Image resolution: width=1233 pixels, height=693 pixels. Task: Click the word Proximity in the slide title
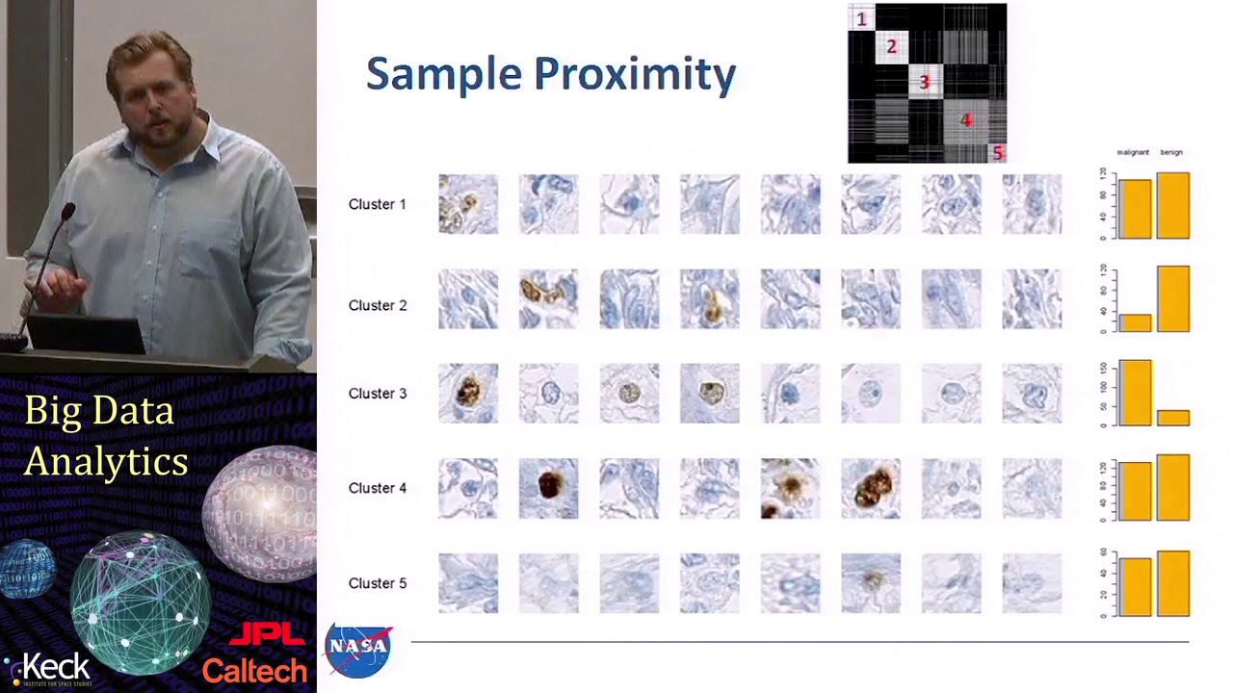635,75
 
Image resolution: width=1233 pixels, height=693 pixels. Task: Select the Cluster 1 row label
378,204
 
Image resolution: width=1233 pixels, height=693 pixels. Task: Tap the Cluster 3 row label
378,394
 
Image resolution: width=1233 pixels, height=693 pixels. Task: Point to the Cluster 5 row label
378,583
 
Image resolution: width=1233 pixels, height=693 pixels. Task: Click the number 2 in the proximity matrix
891,46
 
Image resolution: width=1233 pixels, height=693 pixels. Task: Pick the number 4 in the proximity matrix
966,119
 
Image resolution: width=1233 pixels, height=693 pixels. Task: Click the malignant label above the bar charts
1133,152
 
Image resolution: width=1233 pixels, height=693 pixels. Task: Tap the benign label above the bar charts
1171,152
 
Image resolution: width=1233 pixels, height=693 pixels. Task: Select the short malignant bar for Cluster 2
1135,322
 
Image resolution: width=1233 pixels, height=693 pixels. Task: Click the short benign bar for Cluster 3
1172,418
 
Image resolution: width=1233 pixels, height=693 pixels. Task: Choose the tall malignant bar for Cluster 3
1135,393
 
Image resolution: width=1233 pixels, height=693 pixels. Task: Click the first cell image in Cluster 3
468,394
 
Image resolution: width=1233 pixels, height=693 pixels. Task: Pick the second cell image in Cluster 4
549,488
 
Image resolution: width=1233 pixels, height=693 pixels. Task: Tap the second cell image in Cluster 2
549,299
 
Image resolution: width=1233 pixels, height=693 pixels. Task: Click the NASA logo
358,650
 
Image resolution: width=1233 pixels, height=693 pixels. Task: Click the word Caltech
254,670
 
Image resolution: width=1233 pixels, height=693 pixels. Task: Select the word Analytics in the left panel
106,462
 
